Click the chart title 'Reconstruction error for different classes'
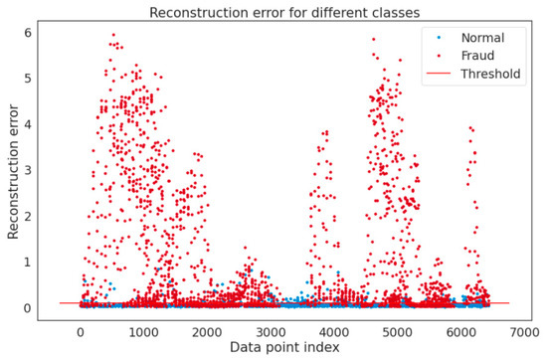click(x=283, y=12)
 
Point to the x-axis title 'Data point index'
click(x=282, y=348)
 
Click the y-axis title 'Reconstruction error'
click(x=13, y=171)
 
